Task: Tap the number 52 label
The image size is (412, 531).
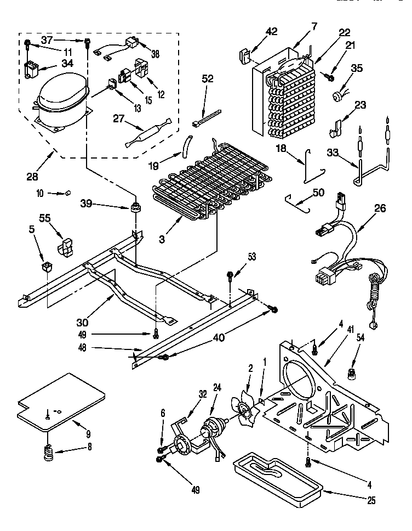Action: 207,79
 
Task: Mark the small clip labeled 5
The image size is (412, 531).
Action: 47,267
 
